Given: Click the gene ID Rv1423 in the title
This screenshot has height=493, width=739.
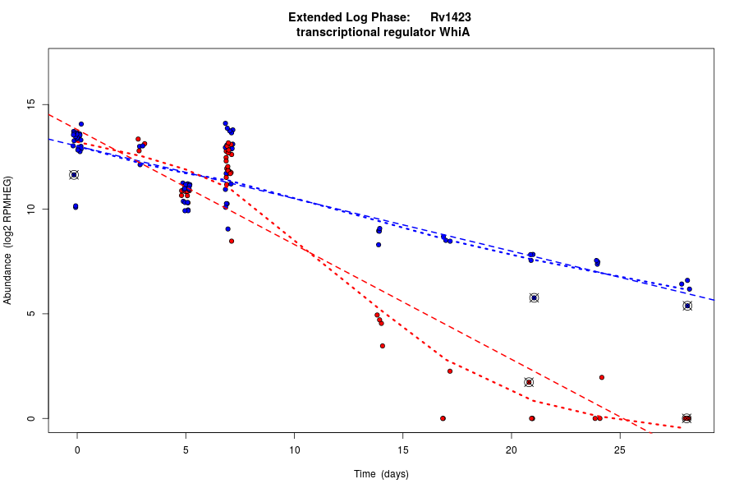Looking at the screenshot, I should [x=451, y=17].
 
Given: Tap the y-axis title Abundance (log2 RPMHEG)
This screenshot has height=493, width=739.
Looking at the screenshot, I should [x=8, y=240].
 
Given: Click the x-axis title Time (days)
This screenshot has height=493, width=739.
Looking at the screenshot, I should [x=381, y=474].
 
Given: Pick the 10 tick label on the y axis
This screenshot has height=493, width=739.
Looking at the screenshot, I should [x=30, y=209].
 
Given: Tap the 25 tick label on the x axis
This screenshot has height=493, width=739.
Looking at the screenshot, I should [x=620, y=449].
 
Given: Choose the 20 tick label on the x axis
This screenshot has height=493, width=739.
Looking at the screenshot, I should [x=512, y=449].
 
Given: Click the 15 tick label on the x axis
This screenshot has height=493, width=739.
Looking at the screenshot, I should [x=403, y=449].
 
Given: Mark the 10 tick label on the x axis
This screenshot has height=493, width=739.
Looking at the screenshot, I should [x=294, y=449].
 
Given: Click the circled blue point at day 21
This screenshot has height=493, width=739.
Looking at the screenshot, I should [x=534, y=297].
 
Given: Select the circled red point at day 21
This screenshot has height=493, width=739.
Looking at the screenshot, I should [x=529, y=382].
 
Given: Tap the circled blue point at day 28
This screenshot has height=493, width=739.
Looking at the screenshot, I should [x=687, y=306].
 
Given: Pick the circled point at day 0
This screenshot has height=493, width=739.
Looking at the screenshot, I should [x=74, y=174].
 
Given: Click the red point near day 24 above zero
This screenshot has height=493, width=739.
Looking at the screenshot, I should [x=602, y=377].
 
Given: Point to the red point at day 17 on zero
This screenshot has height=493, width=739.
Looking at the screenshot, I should [x=443, y=418].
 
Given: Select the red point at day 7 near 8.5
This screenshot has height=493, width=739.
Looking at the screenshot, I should [x=232, y=241].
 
